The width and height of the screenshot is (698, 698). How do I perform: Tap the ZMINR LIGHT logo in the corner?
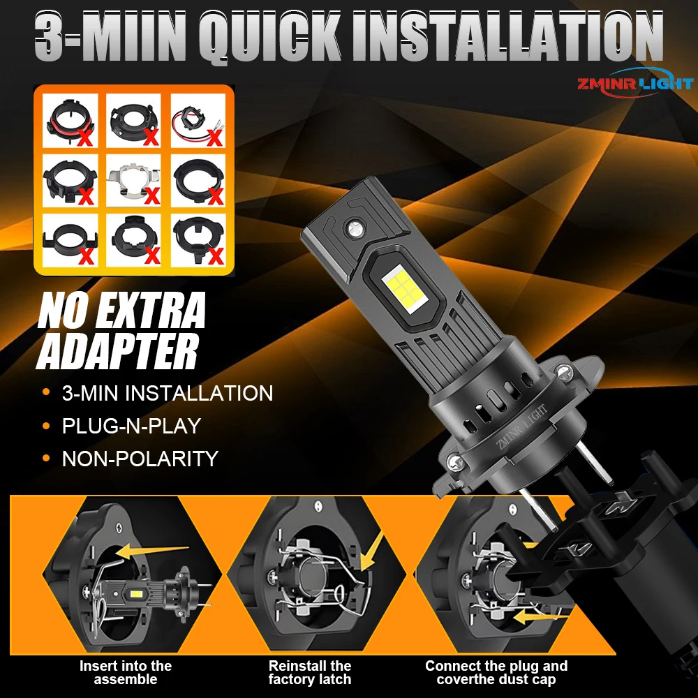click(x=635, y=83)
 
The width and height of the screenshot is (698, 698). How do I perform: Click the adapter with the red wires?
click(x=198, y=121)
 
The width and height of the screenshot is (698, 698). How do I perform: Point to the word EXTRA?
click(x=150, y=311)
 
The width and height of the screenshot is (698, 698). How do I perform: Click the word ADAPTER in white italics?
click(x=117, y=352)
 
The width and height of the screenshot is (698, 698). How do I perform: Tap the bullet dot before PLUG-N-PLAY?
click(x=46, y=426)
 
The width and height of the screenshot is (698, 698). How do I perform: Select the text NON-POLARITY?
click(x=140, y=459)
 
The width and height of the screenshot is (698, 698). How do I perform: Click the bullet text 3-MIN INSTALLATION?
click(x=168, y=393)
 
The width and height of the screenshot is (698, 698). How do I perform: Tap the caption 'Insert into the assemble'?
click(x=125, y=673)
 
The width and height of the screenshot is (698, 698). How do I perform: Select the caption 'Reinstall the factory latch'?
click(x=310, y=673)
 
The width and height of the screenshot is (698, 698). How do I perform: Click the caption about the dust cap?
click(x=496, y=673)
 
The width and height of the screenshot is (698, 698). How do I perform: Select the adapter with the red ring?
click(x=69, y=120)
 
